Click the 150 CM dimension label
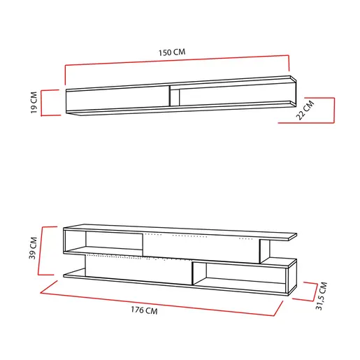coord(172,52)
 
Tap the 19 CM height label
coord(34,103)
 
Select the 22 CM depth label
coord(306,110)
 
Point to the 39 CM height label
coord(33,248)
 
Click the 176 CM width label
coord(144,310)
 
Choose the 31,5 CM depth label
coord(322,296)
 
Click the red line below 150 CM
coord(177,60)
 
